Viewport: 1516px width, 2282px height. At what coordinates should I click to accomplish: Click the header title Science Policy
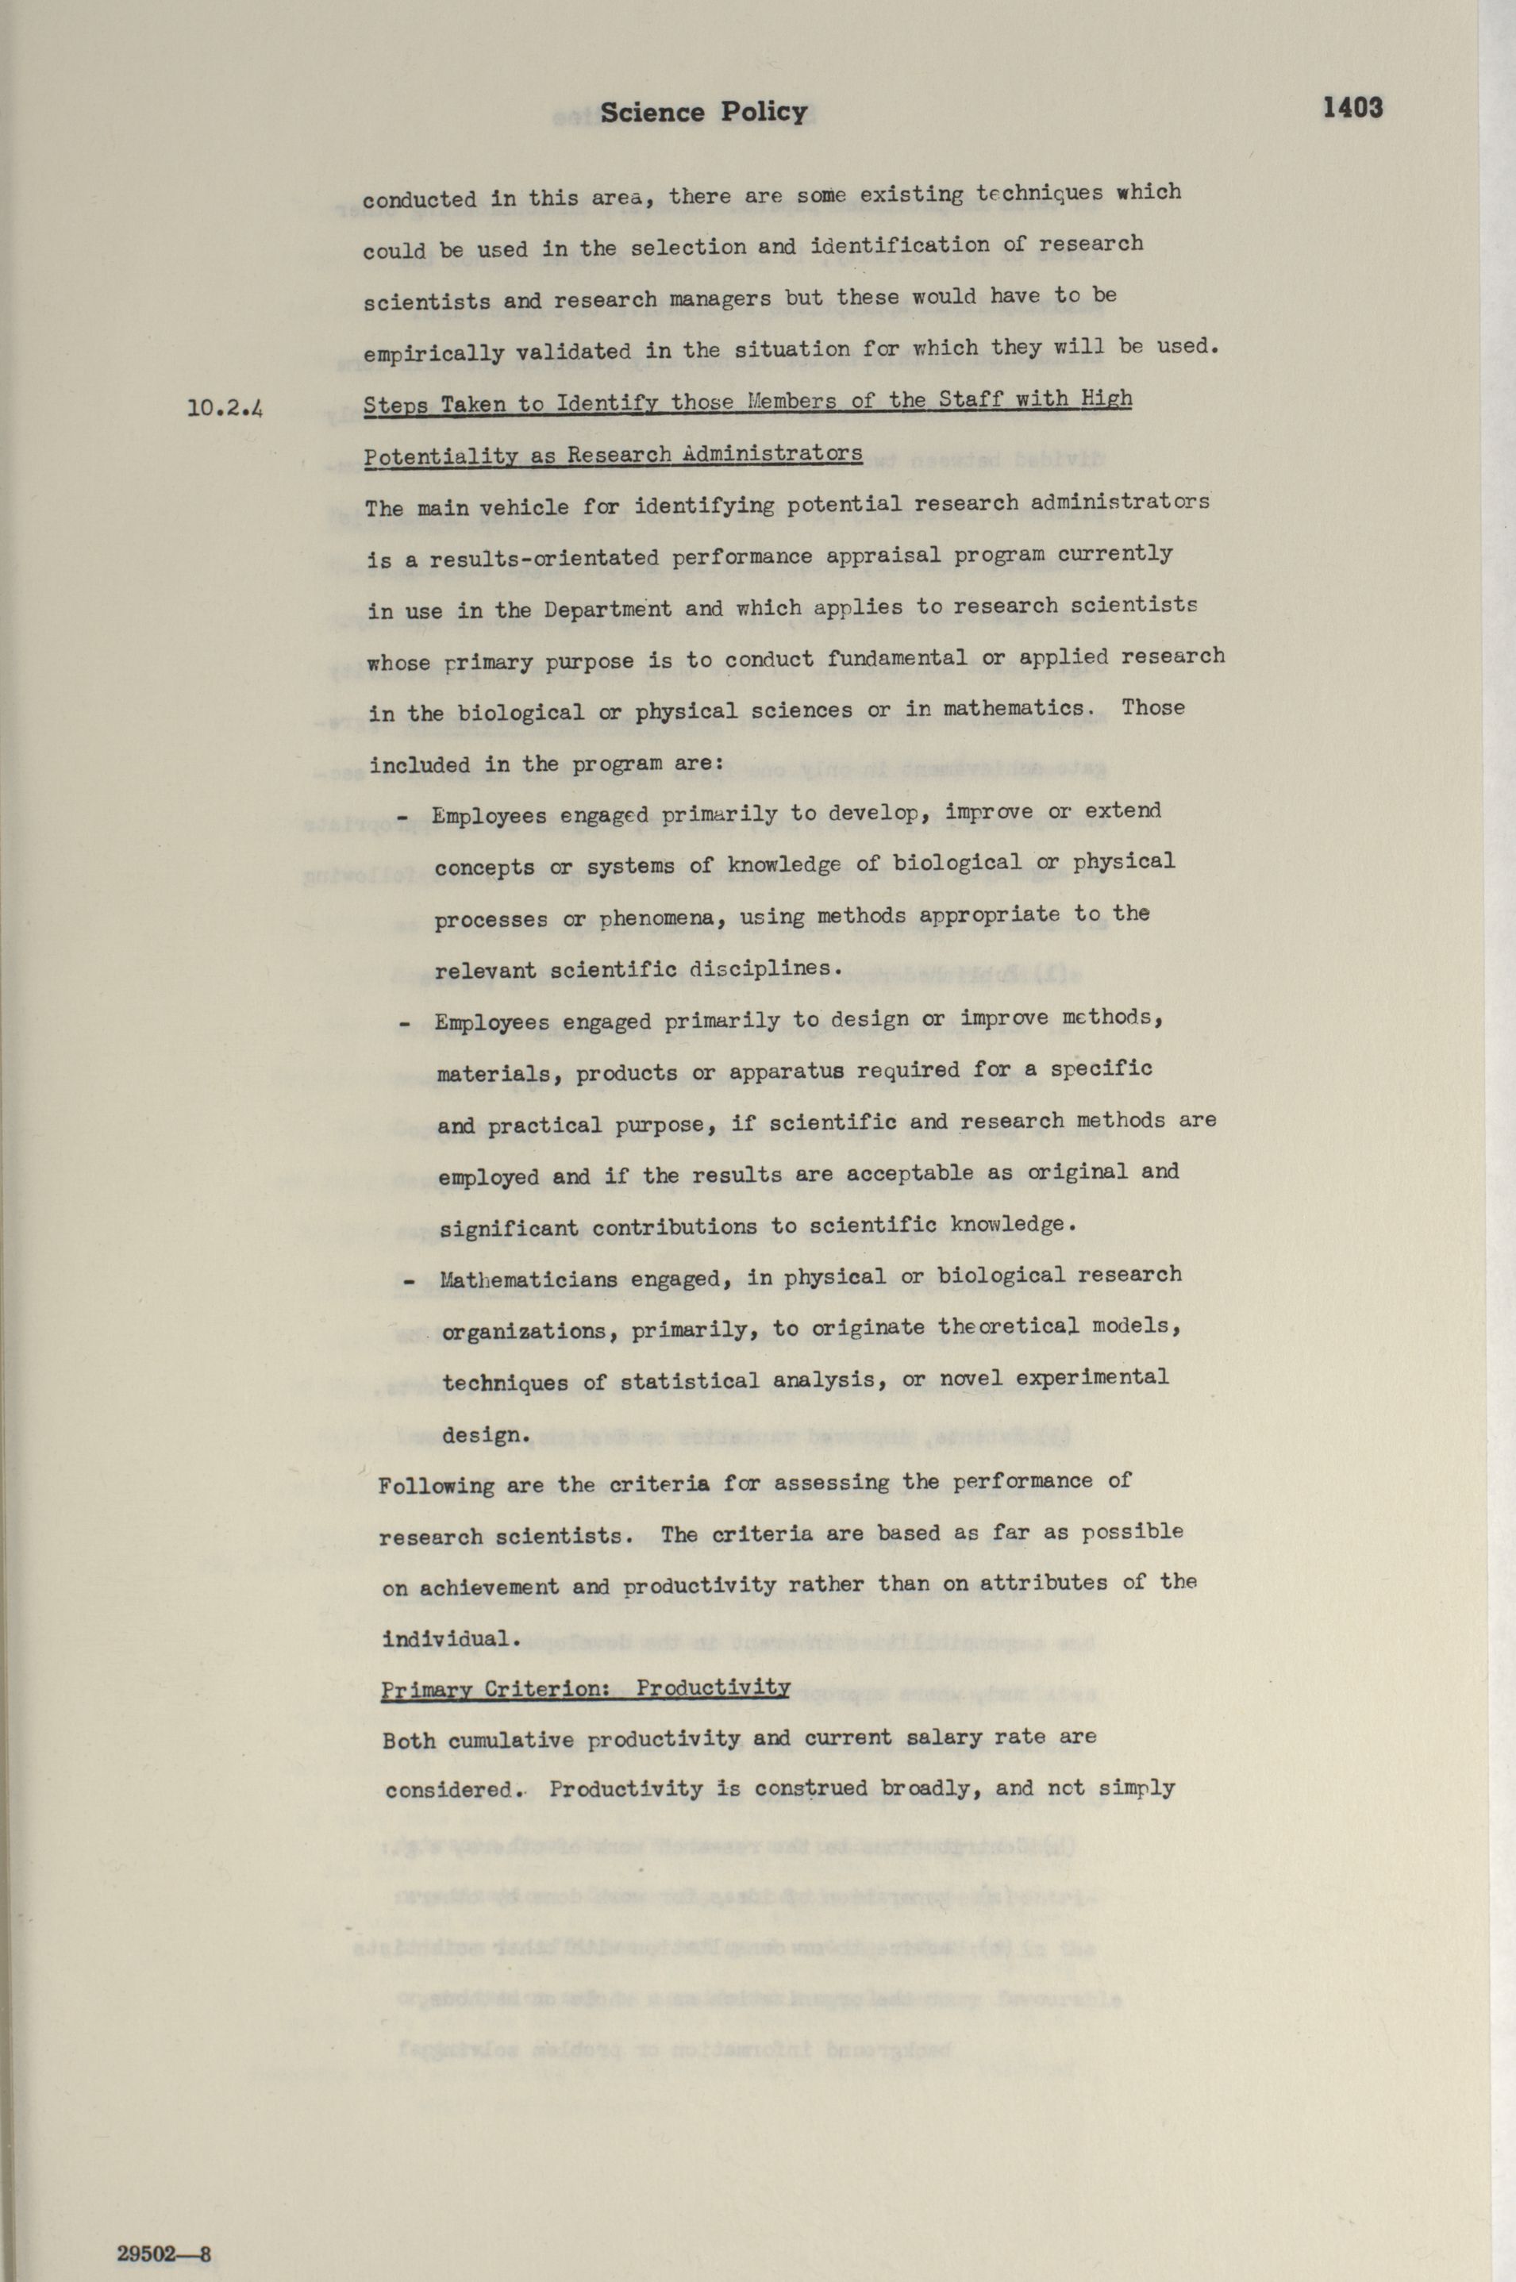(703, 114)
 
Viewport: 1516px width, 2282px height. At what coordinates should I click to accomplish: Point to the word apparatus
(786, 1072)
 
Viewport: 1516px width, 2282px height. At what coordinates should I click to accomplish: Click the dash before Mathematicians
(408, 1281)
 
